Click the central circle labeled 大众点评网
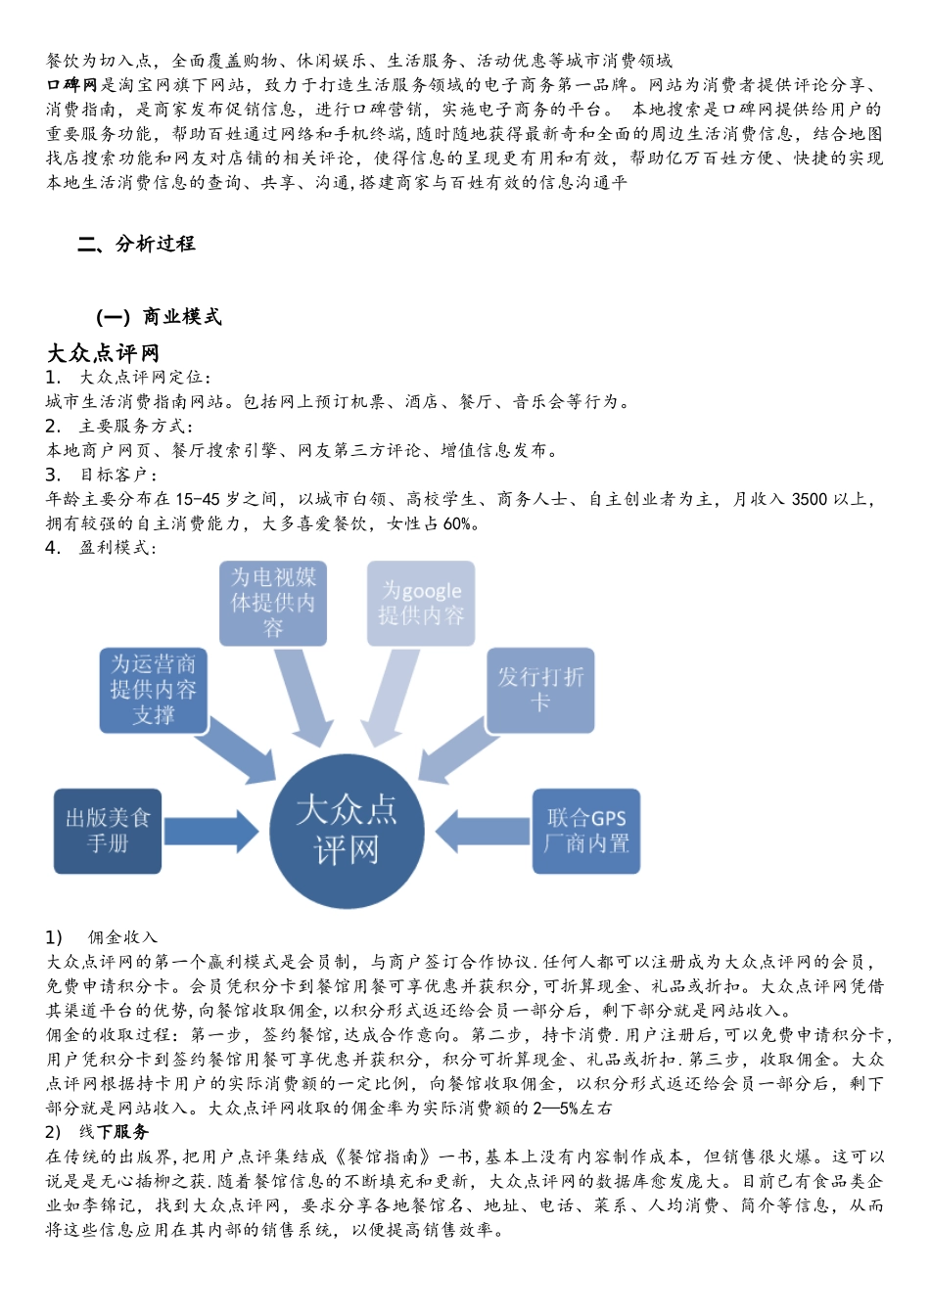coord(347,831)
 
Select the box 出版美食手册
coord(108,831)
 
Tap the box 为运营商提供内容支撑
coord(153,690)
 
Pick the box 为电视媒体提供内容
coord(273,603)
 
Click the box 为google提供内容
coord(421,603)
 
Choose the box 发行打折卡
coord(540,690)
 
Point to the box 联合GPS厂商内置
coord(586,831)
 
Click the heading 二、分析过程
coord(137,244)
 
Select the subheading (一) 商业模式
coord(160,316)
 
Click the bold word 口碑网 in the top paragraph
coord(72,85)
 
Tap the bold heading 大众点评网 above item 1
coord(103,352)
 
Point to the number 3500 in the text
coord(809,499)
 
